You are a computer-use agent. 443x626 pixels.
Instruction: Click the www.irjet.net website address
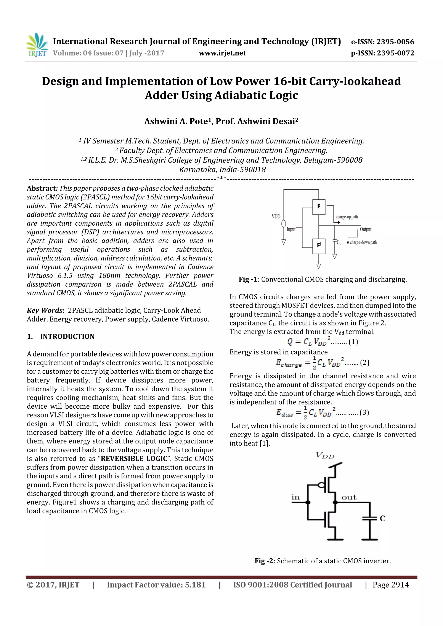pos(222,53)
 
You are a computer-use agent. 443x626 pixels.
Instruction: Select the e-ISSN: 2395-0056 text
pos(382,42)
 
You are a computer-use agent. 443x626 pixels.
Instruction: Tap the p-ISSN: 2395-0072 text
pos(382,53)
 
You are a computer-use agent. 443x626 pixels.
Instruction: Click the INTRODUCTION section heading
pos(67,336)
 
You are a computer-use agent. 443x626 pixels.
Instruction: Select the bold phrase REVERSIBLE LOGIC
pos(134,459)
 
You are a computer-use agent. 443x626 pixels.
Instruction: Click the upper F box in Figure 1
pos(319,207)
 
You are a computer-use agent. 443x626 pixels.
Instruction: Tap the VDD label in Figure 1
pos(276,217)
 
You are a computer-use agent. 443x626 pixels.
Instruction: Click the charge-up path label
pos(347,217)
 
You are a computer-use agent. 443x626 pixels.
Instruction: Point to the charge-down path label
pos(363,242)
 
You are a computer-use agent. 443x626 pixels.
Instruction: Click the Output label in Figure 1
pos(366,229)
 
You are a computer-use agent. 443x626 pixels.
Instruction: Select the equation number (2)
pos(365,363)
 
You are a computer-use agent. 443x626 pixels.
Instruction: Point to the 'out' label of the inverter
pos(349,497)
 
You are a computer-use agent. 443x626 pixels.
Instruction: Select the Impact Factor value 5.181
pos(195,585)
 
